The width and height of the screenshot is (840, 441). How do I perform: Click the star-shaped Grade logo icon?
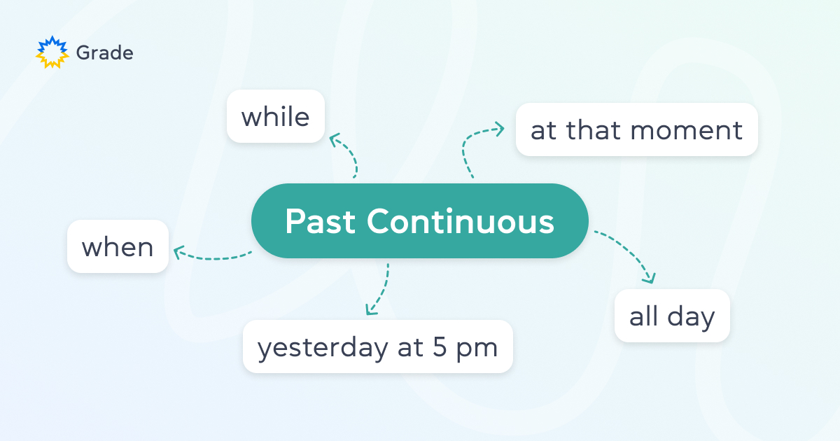52,52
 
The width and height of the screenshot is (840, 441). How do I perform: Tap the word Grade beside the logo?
104,52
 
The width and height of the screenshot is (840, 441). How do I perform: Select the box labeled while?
276,116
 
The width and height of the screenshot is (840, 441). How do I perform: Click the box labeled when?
118,246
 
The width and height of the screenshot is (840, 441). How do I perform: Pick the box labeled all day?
672,316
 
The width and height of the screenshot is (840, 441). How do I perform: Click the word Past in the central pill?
321,222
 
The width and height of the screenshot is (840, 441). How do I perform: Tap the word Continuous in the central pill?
461,222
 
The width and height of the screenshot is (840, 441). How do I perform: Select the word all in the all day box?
643,316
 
